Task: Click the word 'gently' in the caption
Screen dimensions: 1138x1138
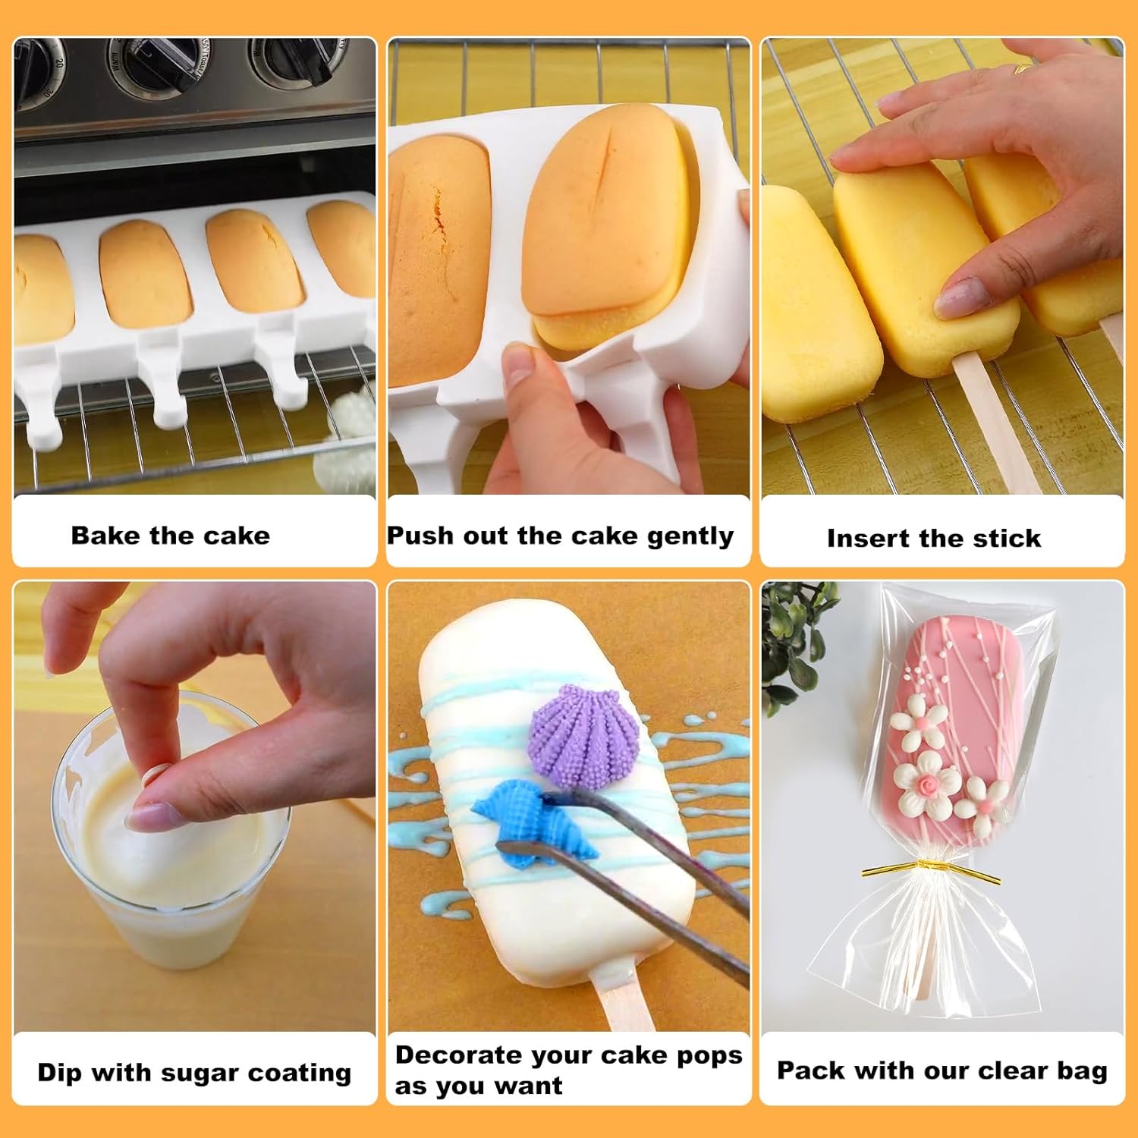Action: [690, 537]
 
